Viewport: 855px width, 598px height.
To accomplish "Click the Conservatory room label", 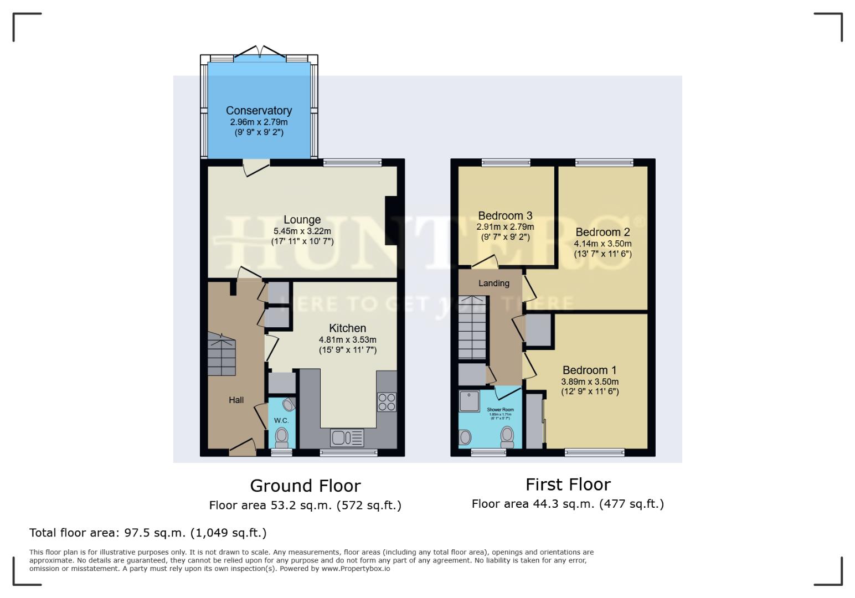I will (x=259, y=111).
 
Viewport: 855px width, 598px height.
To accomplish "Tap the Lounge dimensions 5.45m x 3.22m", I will (x=302, y=231).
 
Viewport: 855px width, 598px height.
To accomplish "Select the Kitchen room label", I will (x=347, y=328).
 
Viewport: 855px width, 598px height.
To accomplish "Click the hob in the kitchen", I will (x=387, y=401).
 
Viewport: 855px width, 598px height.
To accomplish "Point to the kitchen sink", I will (x=347, y=437).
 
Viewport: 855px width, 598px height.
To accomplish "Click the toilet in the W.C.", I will (x=282, y=436).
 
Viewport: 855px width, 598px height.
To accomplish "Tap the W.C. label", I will (x=281, y=421).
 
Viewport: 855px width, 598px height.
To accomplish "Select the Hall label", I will (x=236, y=400).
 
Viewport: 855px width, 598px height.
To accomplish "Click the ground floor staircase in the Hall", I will (x=222, y=354).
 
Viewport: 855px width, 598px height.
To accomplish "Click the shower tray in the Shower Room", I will (x=469, y=401).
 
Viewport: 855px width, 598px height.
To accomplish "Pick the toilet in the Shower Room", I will (x=507, y=436).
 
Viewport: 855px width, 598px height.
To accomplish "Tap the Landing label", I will (x=493, y=283).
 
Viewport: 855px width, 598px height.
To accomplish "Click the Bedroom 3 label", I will (x=505, y=215).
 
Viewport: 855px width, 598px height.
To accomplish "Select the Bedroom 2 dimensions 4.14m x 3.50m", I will (x=602, y=244).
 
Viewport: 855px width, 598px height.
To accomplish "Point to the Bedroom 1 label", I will (x=589, y=370).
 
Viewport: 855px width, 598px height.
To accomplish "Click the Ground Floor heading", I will (x=305, y=486).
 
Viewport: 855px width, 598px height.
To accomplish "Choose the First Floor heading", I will (x=568, y=484).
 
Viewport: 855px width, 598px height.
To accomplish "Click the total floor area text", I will (x=148, y=533).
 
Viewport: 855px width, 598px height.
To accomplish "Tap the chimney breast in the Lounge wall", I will (x=391, y=220).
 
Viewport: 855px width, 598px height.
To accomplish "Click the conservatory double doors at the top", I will (x=259, y=53).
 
